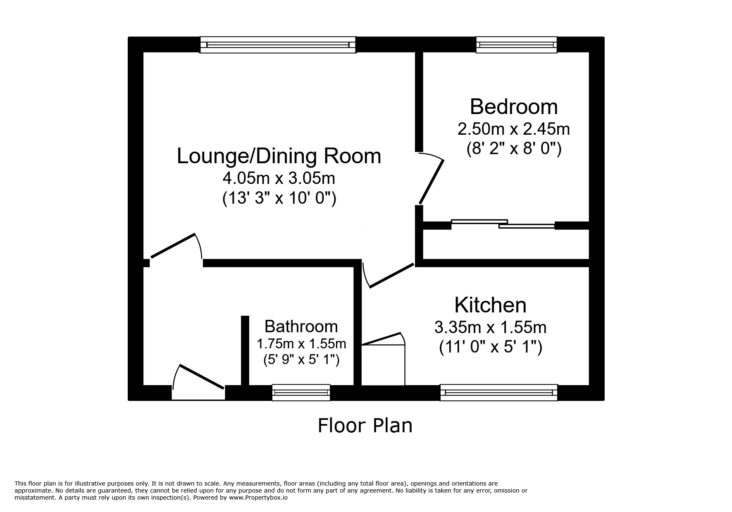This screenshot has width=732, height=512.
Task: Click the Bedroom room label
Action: (513, 107)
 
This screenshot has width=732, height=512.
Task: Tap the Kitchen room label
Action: (490, 305)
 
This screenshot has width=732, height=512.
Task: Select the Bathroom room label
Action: (301, 326)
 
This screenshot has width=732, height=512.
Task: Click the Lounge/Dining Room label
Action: (279, 156)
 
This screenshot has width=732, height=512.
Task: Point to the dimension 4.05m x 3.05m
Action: (279, 179)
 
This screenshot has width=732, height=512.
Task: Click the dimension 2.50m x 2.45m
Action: (513, 129)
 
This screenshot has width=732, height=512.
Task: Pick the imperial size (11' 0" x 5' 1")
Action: (490, 347)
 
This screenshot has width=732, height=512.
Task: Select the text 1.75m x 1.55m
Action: (301, 343)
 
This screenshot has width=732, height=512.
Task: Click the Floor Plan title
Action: (365, 426)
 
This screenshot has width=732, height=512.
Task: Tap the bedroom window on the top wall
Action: (516, 45)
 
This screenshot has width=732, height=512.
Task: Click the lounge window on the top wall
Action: (278, 45)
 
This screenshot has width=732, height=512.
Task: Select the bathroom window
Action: (301, 392)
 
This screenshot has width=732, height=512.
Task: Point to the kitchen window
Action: (498, 392)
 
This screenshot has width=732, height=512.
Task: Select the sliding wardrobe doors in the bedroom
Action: (503, 224)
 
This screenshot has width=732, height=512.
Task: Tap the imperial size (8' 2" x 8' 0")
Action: (513, 149)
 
